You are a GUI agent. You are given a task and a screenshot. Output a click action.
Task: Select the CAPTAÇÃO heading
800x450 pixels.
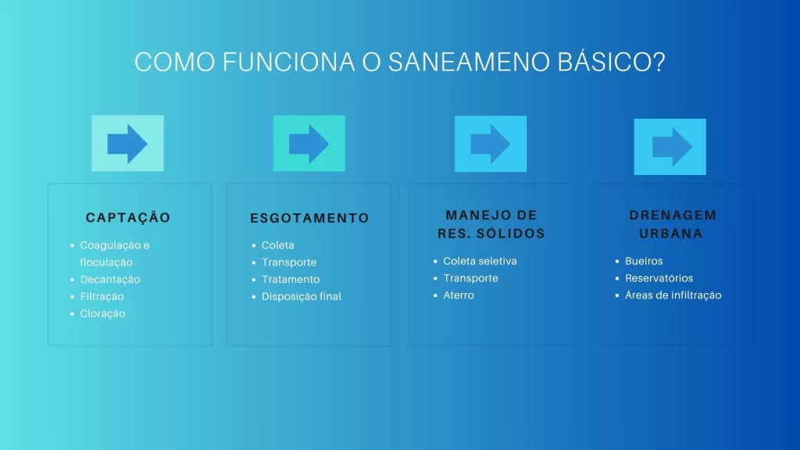point(128,217)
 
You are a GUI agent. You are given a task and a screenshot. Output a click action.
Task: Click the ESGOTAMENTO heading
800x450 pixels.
point(309,218)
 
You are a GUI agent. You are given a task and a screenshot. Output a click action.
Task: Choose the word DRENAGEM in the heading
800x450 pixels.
point(673,215)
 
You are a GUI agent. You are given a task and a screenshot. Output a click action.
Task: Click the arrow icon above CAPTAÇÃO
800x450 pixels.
point(127,144)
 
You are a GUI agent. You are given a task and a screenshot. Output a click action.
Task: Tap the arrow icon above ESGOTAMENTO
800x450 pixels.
point(309,144)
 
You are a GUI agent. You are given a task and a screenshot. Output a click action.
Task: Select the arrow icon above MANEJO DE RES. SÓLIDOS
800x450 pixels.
point(491,145)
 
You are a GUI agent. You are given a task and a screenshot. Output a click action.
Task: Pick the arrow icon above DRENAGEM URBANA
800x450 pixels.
point(672,147)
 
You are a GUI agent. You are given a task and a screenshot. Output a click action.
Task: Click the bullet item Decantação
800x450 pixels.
point(110,279)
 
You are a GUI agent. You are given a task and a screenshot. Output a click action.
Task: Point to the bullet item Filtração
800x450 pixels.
point(102,296)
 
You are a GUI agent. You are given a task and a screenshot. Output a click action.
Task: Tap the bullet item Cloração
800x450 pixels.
point(102,313)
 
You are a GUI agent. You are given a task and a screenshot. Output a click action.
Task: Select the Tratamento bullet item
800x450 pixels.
point(291,279)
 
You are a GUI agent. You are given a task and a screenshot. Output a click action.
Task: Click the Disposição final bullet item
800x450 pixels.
point(302,296)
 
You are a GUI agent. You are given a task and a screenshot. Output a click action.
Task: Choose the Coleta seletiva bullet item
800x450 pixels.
point(480,261)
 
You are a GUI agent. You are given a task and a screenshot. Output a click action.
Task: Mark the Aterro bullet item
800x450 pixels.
point(459,295)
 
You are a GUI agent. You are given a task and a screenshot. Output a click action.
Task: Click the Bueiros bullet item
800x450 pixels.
point(644,261)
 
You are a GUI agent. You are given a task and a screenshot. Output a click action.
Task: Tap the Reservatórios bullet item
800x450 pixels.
point(659,278)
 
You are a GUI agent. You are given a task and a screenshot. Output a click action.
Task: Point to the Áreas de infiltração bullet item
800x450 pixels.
point(673,295)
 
